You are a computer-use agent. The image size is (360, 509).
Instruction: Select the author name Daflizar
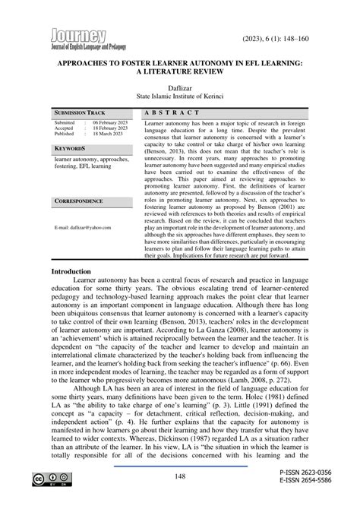click(x=180, y=88)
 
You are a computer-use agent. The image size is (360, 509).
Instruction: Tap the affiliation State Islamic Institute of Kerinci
click(x=180, y=98)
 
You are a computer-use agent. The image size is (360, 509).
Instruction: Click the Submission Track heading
click(x=80, y=112)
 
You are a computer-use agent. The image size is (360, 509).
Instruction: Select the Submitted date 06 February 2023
click(x=111, y=122)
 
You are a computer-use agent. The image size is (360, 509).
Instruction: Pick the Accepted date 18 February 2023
click(x=111, y=128)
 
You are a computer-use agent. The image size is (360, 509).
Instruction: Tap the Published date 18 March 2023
click(x=108, y=134)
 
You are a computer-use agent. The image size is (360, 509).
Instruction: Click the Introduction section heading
click(x=77, y=271)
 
